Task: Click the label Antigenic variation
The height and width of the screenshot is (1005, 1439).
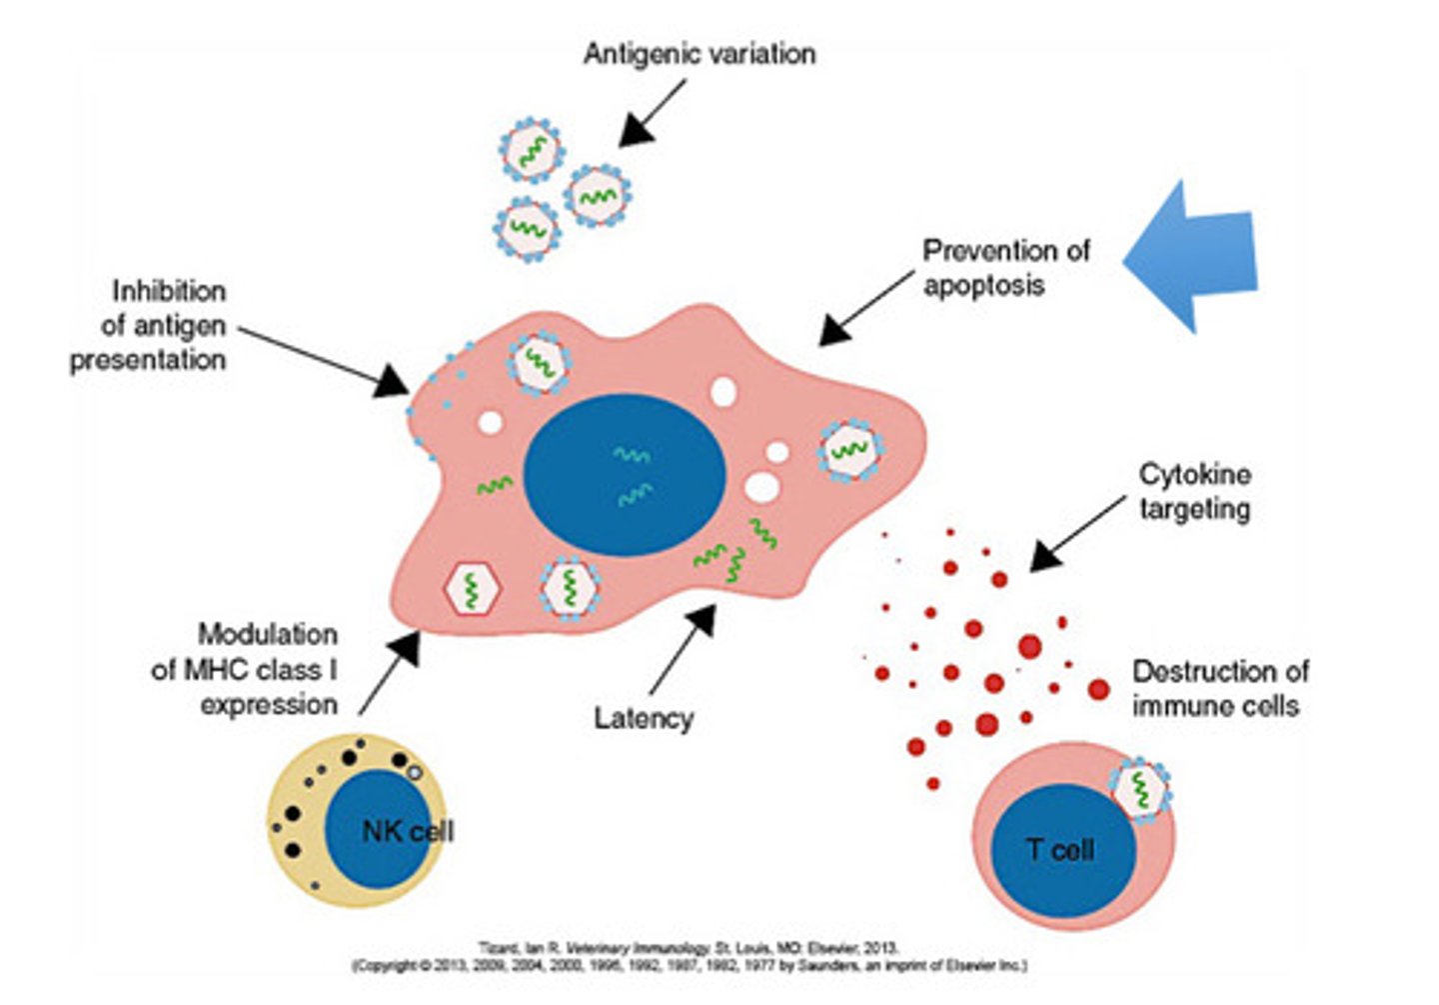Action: pyautogui.click(x=699, y=54)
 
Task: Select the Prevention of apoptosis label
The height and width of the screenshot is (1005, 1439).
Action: pyautogui.click(x=1004, y=267)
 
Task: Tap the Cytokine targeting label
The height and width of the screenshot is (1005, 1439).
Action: pyautogui.click(x=1194, y=491)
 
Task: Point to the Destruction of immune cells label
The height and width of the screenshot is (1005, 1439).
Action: pyautogui.click(x=1218, y=688)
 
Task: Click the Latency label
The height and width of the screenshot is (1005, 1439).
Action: pyautogui.click(x=643, y=718)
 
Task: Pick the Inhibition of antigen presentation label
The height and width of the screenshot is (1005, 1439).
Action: pyautogui.click(x=150, y=326)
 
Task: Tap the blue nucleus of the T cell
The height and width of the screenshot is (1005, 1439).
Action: pyautogui.click(x=1062, y=851)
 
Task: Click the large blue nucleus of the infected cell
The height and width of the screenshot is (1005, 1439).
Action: pyautogui.click(x=624, y=474)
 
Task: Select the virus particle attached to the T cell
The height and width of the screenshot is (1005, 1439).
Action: pyautogui.click(x=1140, y=790)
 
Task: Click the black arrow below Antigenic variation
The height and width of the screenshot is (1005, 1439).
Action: pyautogui.click(x=651, y=114)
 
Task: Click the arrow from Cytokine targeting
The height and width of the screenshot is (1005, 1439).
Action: pyautogui.click(x=1075, y=535)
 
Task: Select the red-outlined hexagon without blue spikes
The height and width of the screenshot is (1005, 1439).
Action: pyautogui.click(x=471, y=589)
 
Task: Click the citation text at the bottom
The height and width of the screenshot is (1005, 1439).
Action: pyautogui.click(x=690, y=956)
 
